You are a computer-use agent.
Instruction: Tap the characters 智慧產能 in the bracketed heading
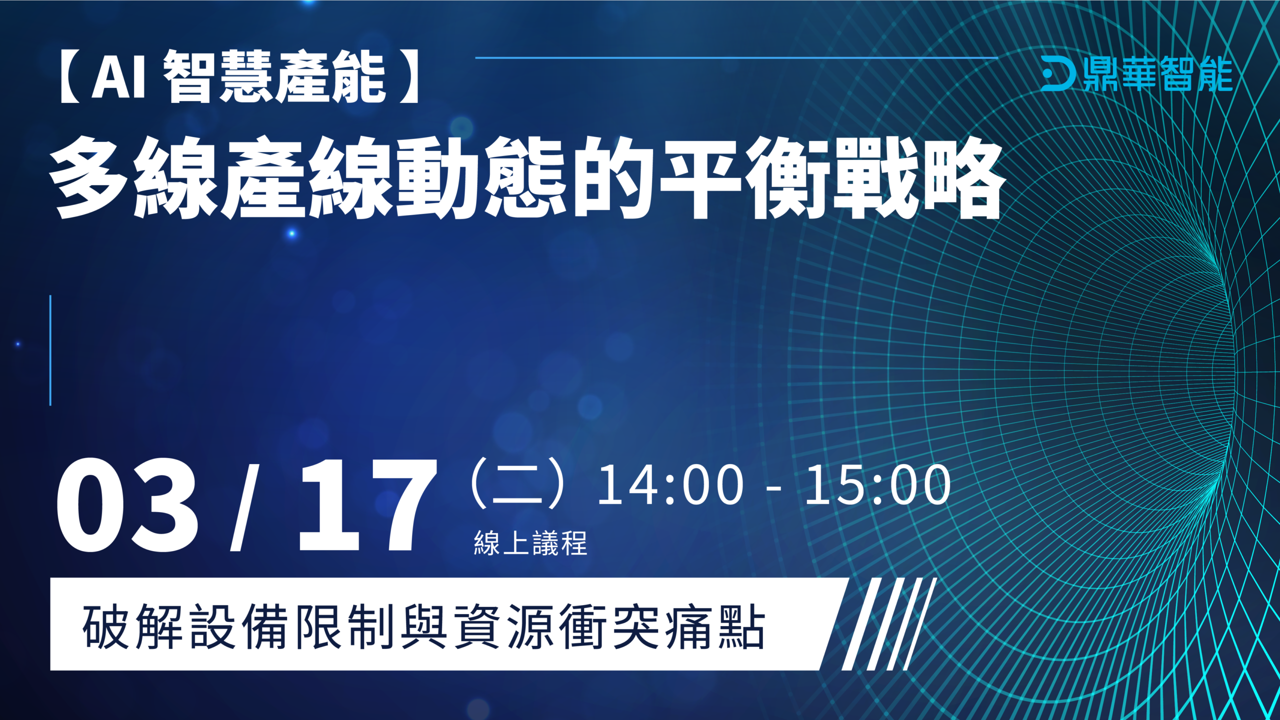coord(274,77)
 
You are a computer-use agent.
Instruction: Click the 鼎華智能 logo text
coord(1158,74)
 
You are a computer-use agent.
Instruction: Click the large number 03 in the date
coord(127,505)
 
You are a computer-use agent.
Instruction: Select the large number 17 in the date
coord(367,505)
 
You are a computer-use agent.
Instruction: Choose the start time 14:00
coord(670,484)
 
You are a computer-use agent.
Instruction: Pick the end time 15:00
coord(878,484)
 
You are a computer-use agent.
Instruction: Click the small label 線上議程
coord(530,543)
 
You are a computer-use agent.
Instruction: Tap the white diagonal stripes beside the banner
coord(889,624)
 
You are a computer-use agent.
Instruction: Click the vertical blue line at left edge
coord(50,350)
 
